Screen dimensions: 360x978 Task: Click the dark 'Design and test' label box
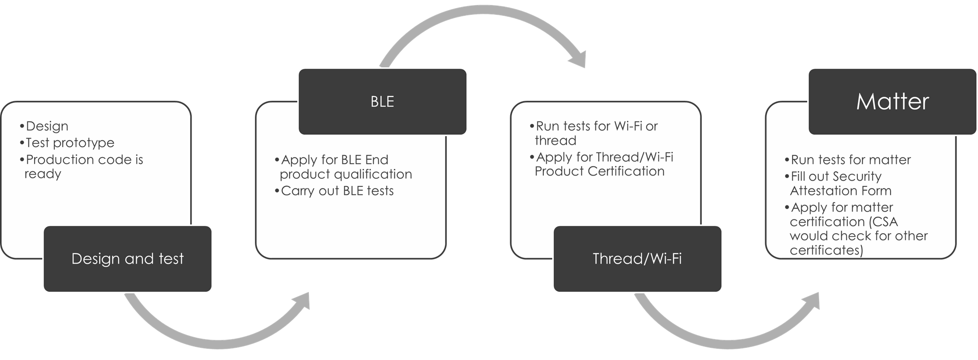(127, 259)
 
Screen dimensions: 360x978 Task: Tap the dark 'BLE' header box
(382, 102)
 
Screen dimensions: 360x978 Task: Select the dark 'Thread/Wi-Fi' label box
(637, 259)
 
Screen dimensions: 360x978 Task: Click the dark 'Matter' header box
(892, 102)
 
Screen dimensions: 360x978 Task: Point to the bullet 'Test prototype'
(70, 143)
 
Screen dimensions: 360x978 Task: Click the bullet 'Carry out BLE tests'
(337, 191)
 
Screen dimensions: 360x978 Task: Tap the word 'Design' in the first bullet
(47, 126)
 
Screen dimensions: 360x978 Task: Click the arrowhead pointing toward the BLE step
(301, 301)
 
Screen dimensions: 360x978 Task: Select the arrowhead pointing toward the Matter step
(811, 301)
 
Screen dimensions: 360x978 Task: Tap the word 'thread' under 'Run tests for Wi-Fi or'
(555, 140)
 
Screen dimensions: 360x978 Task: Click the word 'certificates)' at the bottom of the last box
(826, 250)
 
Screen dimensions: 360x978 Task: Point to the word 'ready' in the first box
(43, 174)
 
